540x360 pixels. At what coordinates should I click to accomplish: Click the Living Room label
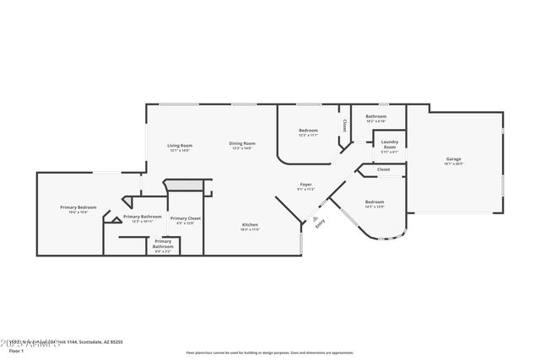[x=180, y=145]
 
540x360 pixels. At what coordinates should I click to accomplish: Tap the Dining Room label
[x=242, y=143]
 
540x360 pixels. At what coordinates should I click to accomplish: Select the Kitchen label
[x=250, y=224]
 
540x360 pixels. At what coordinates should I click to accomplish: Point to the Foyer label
[x=306, y=185]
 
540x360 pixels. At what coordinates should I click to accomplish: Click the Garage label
[x=453, y=159]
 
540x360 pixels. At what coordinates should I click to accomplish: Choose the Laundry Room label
[x=389, y=144]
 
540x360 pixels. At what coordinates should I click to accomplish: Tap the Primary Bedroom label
[x=78, y=207]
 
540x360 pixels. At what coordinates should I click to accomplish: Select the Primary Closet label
[x=185, y=219]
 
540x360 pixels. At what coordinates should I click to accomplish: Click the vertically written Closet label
[x=344, y=125]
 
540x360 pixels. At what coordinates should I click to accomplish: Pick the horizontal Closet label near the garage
[x=383, y=169]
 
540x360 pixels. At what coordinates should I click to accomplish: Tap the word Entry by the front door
[x=320, y=223]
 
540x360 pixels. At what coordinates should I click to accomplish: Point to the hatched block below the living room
[x=185, y=185]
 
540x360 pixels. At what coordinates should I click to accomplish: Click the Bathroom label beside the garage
[x=375, y=116]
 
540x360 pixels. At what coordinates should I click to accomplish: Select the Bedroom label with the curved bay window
[x=375, y=201]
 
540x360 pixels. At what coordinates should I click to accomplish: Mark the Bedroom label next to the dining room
[x=308, y=130]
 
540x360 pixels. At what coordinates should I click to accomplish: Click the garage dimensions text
[x=453, y=164]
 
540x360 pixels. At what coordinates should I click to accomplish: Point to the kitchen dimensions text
[x=250, y=229]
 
